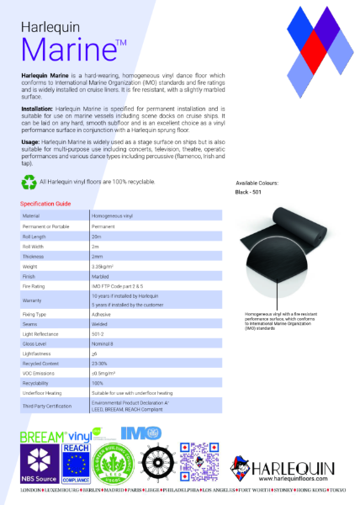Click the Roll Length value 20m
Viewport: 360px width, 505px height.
pyautogui.click(x=97, y=237)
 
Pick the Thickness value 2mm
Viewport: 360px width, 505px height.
pyautogui.click(x=98, y=256)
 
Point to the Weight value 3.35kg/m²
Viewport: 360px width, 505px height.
pyautogui.click(x=103, y=266)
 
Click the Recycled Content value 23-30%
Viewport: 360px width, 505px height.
pyautogui.click(x=100, y=363)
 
